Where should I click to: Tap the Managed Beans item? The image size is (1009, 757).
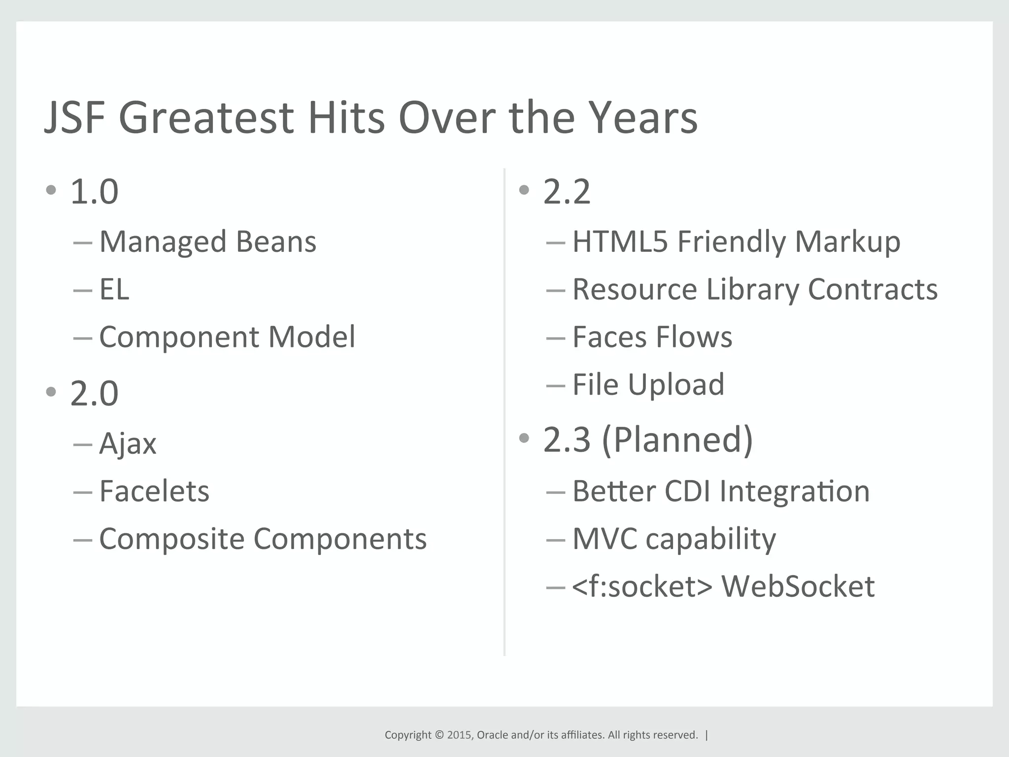click(x=207, y=241)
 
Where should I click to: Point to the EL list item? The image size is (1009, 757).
click(x=114, y=289)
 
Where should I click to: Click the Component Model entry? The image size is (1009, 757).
click(x=227, y=337)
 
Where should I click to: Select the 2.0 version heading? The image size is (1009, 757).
click(x=94, y=393)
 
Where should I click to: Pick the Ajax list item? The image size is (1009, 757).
click(x=128, y=443)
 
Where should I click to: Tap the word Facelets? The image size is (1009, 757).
click(x=154, y=491)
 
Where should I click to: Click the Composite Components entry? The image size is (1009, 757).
click(x=263, y=539)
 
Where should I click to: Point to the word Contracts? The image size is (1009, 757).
click(x=873, y=289)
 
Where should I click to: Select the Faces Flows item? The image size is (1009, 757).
click(x=652, y=337)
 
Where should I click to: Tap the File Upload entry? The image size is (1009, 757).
click(x=648, y=384)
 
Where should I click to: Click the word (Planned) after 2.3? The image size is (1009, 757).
click(x=677, y=440)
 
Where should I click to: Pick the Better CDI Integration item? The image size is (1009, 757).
click(x=721, y=491)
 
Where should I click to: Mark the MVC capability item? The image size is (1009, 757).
click(x=673, y=539)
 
